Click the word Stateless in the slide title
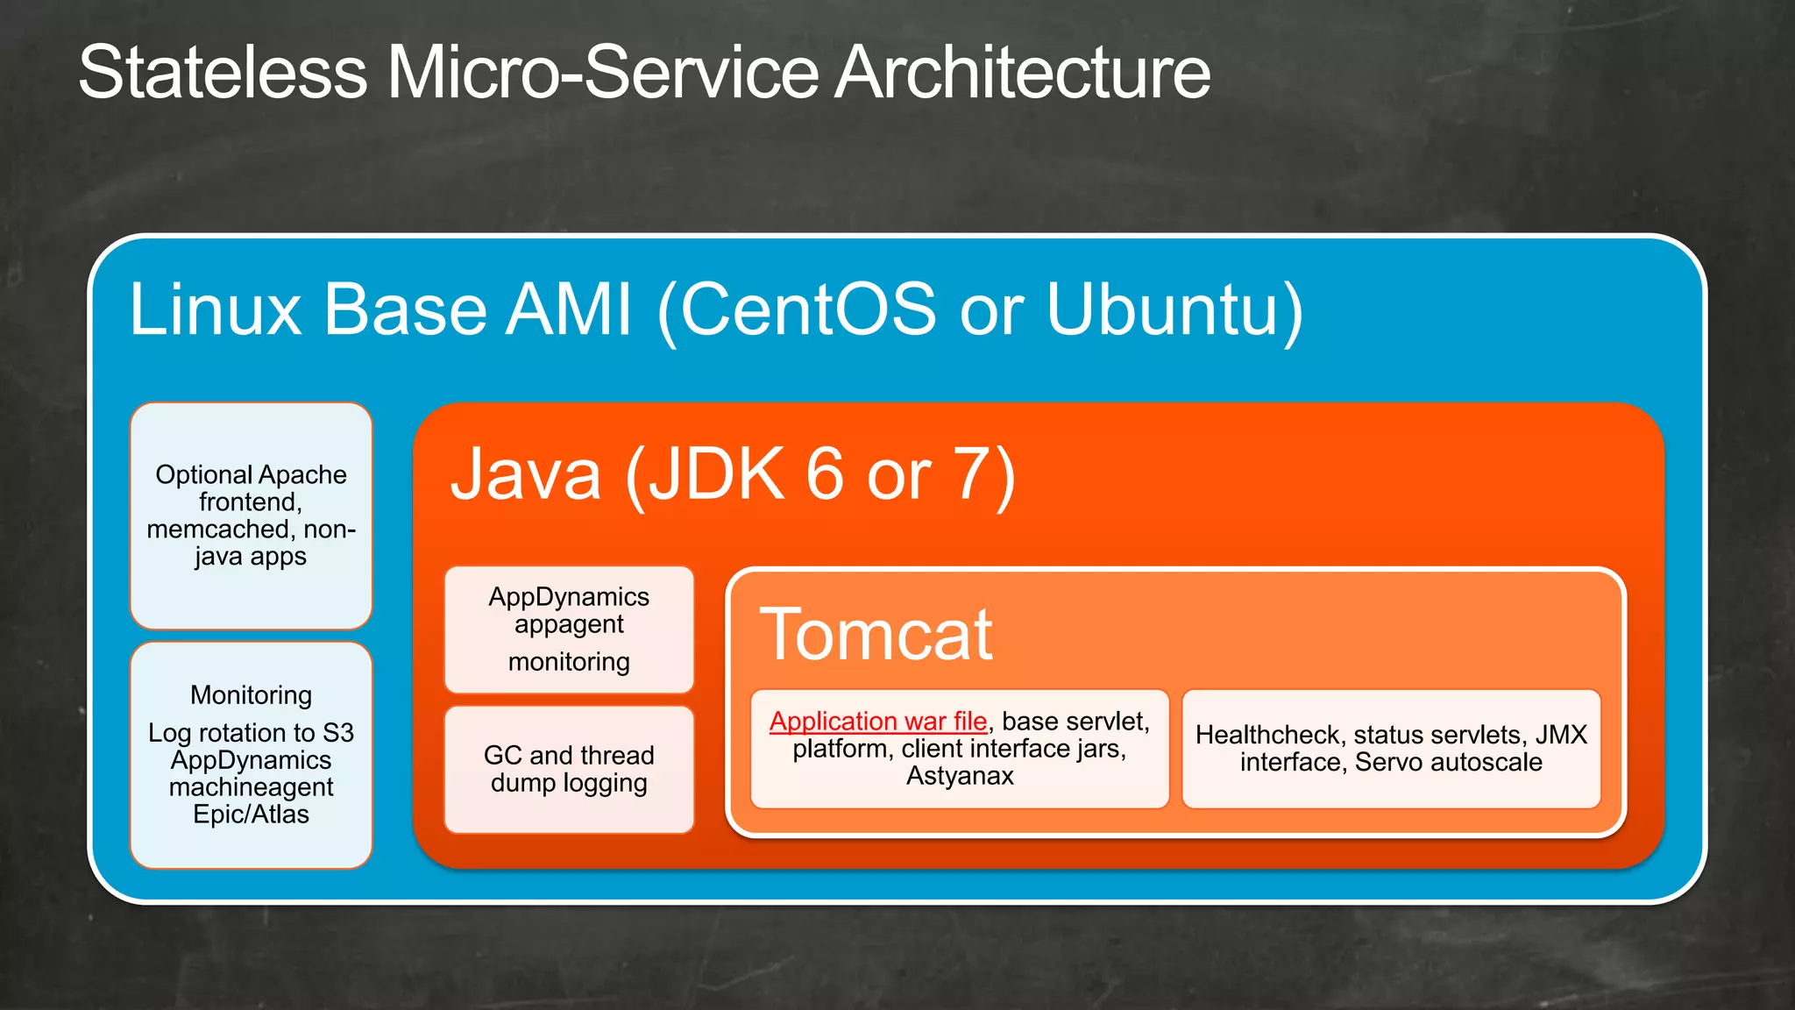pyautogui.click(x=223, y=72)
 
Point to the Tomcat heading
pyautogui.click(x=876, y=634)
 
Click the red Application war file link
pyautogui.click(x=878, y=721)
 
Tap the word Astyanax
pyautogui.click(x=960, y=776)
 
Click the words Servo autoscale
pyautogui.click(x=1448, y=762)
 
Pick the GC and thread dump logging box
pyautogui.click(x=569, y=769)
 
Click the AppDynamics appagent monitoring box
pyautogui.click(x=569, y=629)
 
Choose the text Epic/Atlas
pyautogui.click(x=251, y=814)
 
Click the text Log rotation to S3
pyautogui.click(x=251, y=732)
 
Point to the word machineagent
pyautogui.click(x=251, y=787)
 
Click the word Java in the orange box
pyautogui.click(x=526, y=474)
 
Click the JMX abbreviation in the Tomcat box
pyautogui.click(x=1561, y=735)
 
